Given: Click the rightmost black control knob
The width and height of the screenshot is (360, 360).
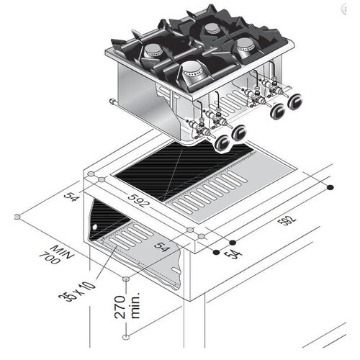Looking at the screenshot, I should (293, 102).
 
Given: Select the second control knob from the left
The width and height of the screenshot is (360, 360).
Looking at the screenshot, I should (238, 132).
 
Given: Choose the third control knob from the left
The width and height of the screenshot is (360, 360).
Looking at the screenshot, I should (276, 110).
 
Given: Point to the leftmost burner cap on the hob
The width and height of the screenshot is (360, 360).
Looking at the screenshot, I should (153, 50).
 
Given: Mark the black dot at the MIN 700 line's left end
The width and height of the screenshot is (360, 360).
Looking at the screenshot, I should (16, 215).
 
